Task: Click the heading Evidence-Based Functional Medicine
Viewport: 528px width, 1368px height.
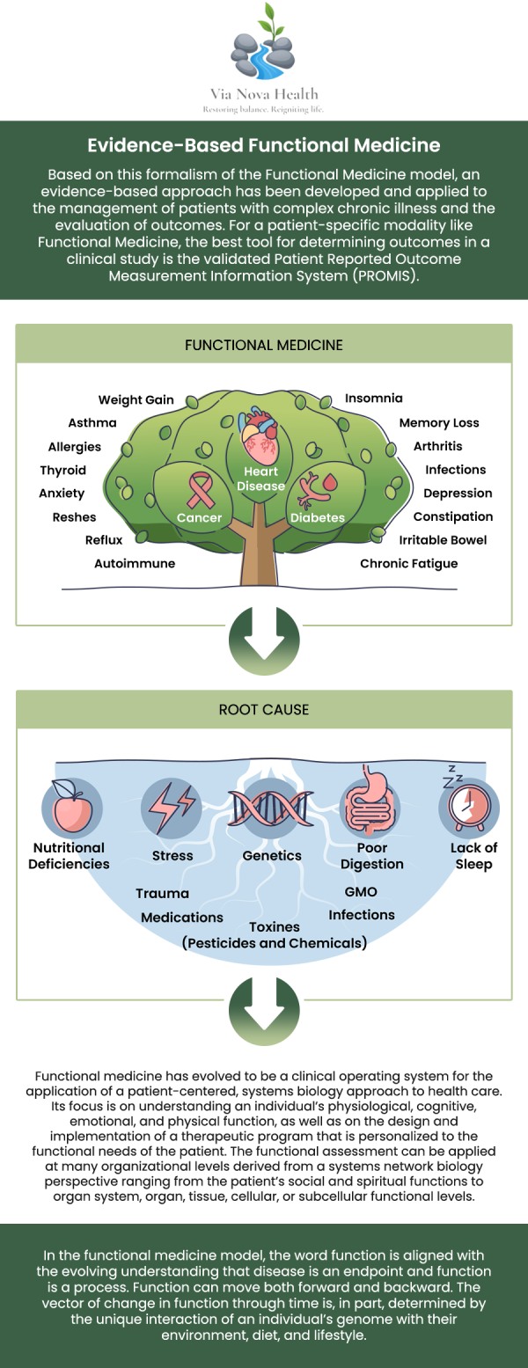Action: click(264, 145)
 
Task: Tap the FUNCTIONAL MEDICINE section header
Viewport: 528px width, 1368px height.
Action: click(264, 345)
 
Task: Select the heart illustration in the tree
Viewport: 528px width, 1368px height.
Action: click(261, 436)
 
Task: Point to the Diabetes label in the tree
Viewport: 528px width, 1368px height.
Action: click(317, 517)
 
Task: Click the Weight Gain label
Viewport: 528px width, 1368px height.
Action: click(136, 399)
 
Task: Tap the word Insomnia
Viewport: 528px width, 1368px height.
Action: click(373, 399)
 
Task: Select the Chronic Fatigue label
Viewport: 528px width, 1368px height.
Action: click(408, 563)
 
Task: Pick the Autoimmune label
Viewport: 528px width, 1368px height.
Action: click(135, 563)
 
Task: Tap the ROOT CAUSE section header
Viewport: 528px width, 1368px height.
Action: click(264, 710)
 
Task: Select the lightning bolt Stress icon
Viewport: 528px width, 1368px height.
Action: click(171, 806)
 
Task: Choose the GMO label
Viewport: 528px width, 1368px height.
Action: click(361, 892)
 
